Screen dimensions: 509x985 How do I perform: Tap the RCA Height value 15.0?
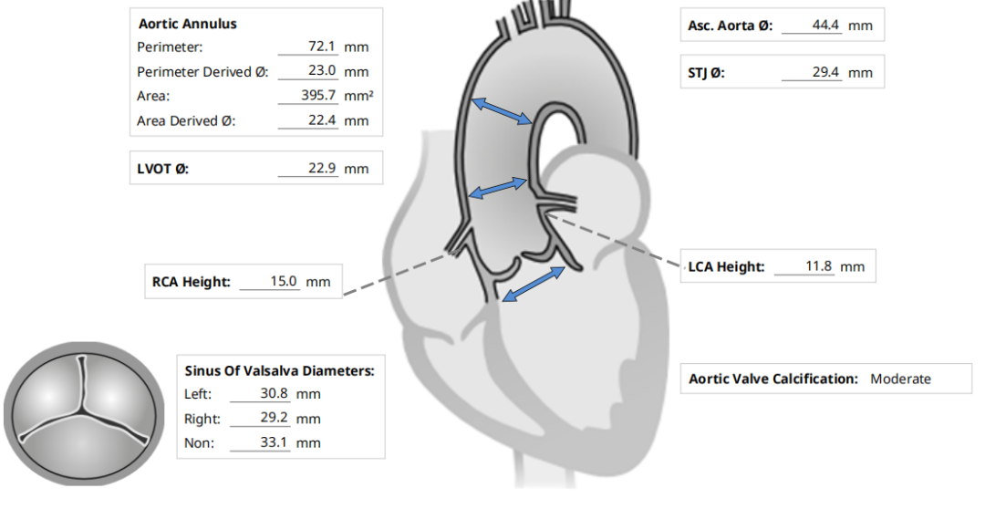tap(283, 282)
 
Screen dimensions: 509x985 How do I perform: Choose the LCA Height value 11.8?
tap(818, 266)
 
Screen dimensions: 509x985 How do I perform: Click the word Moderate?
tap(900, 379)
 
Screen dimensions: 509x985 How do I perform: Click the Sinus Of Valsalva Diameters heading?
tap(279, 370)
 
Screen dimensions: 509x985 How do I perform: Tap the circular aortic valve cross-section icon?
tap(86, 413)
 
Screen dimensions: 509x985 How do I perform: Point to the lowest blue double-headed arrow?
tap(534, 283)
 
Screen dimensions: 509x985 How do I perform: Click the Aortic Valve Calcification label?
tap(772, 379)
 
